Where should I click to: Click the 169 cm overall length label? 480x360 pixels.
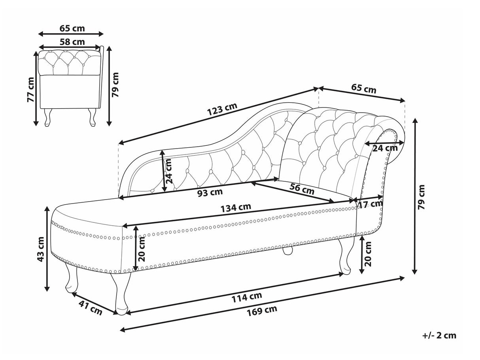pyautogui.click(x=262, y=311)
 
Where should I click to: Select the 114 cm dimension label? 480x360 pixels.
pyautogui.click(x=247, y=297)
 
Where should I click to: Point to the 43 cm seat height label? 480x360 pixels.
pyautogui.click(x=41, y=249)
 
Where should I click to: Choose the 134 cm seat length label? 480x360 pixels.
pyautogui.click(x=236, y=207)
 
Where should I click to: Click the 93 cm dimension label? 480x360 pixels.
pyautogui.click(x=210, y=192)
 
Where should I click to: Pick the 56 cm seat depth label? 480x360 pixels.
pyautogui.click(x=302, y=189)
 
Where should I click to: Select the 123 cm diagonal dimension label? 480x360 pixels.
pyautogui.click(x=222, y=109)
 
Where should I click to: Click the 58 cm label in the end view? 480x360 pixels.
pyautogui.click(x=72, y=42)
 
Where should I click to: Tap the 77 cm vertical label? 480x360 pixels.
pyautogui.click(x=30, y=90)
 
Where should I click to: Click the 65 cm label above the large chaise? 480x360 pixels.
pyautogui.click(x=364, y=89)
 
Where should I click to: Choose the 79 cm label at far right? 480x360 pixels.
pyautogui.click(x=421, y=197)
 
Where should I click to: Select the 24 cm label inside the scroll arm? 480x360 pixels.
pyautogui.click(x=385, y=148)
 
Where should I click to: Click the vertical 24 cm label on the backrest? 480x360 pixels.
pyautogui.click(x=168, y=171)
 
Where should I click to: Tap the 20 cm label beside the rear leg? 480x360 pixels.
pyautogui.click(x=368, y=254)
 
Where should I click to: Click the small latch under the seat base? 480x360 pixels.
pyautogui.click(x=287, y=251)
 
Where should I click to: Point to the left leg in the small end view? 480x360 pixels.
pyautogui.click(x=48, y=117)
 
